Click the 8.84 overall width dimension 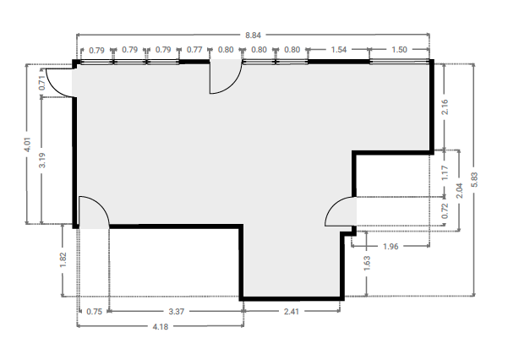pos(253,35)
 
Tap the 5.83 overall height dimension pos(474,179)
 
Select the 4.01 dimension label pos(28,145)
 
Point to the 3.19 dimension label pos(42,160)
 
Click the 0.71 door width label pos(41,83)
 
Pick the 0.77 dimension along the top pos(194,50)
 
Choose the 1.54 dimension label pos(339,50)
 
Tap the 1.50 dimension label pos(399,50)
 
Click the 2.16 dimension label pos(445,107)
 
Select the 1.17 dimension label pos(445,172)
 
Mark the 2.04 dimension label pos(459,190)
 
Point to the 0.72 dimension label pos(445,210)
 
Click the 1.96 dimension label pos(391,247)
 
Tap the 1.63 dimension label pos(367,264)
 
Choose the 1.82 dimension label pos(63,260)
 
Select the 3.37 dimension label pos(177,312)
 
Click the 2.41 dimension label pos(292,312)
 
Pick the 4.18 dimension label pos(161,327)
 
